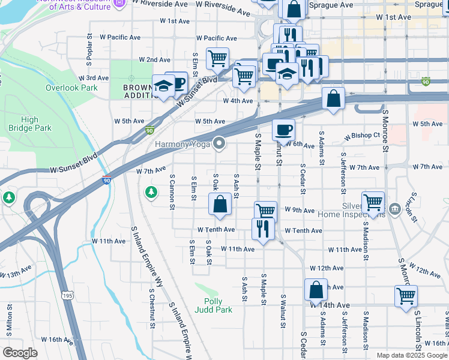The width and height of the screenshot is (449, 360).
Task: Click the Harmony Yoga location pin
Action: click(x=220, y=143)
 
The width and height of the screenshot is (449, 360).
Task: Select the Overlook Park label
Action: click(x=71, y=88)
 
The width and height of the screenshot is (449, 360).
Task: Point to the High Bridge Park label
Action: click(x=30, y=124)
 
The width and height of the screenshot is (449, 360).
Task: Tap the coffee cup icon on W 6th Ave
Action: click(x=283, y=129)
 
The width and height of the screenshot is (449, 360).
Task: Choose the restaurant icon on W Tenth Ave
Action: click(x=263, y=229)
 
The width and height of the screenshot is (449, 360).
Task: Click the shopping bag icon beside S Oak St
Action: click(x=220, y=203)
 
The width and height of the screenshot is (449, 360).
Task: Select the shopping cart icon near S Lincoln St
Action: click(x=406, y=296)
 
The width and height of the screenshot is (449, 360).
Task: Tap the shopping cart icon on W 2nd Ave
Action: click(x=217, y=58)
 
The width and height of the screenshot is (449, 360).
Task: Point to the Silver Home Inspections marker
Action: click(x=394, y=209)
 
